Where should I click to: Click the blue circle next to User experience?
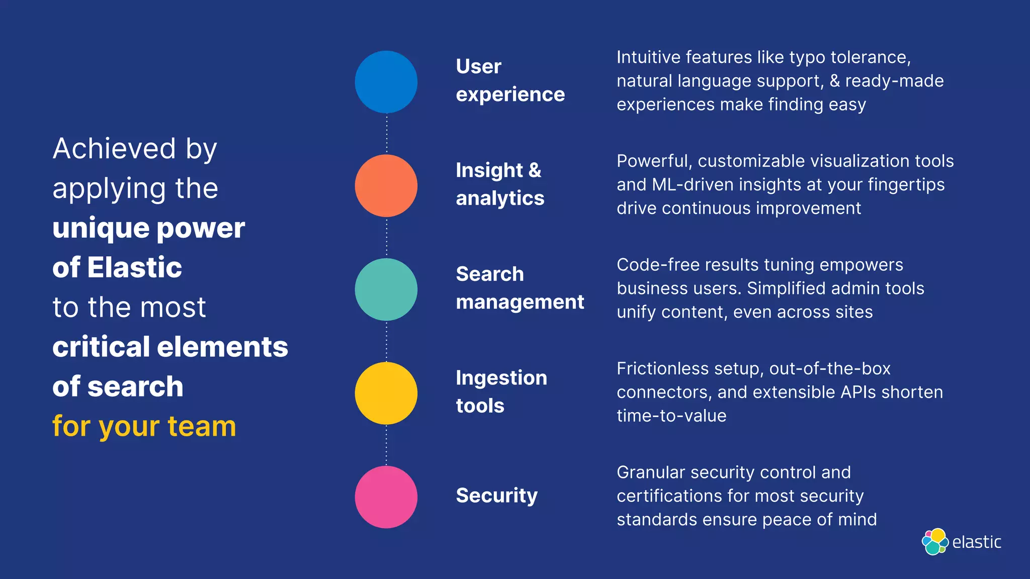click(x=386, y=82)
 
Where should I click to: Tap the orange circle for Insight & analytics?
click(x=386, y=185)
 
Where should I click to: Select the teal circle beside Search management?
click(x=386, y=289)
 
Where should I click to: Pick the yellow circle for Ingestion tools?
click(x=386, y=393)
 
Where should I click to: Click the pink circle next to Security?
click(x=386, y=497)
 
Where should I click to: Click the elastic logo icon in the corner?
click(x=934, y=542)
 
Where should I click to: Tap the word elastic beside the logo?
click(x=976, y=542)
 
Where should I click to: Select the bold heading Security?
click(x=496, y=496)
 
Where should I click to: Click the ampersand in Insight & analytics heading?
click(x=535, y=170)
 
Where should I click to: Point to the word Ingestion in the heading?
click(x=501, y=378)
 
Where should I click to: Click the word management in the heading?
click(x=520, y=302)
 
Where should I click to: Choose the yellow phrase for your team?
click(x=144, y=426)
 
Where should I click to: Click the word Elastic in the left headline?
click(x=134, y=267)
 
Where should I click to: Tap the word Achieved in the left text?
click(x=114, y=149)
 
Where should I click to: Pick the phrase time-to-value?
click(x=671, y=416)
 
